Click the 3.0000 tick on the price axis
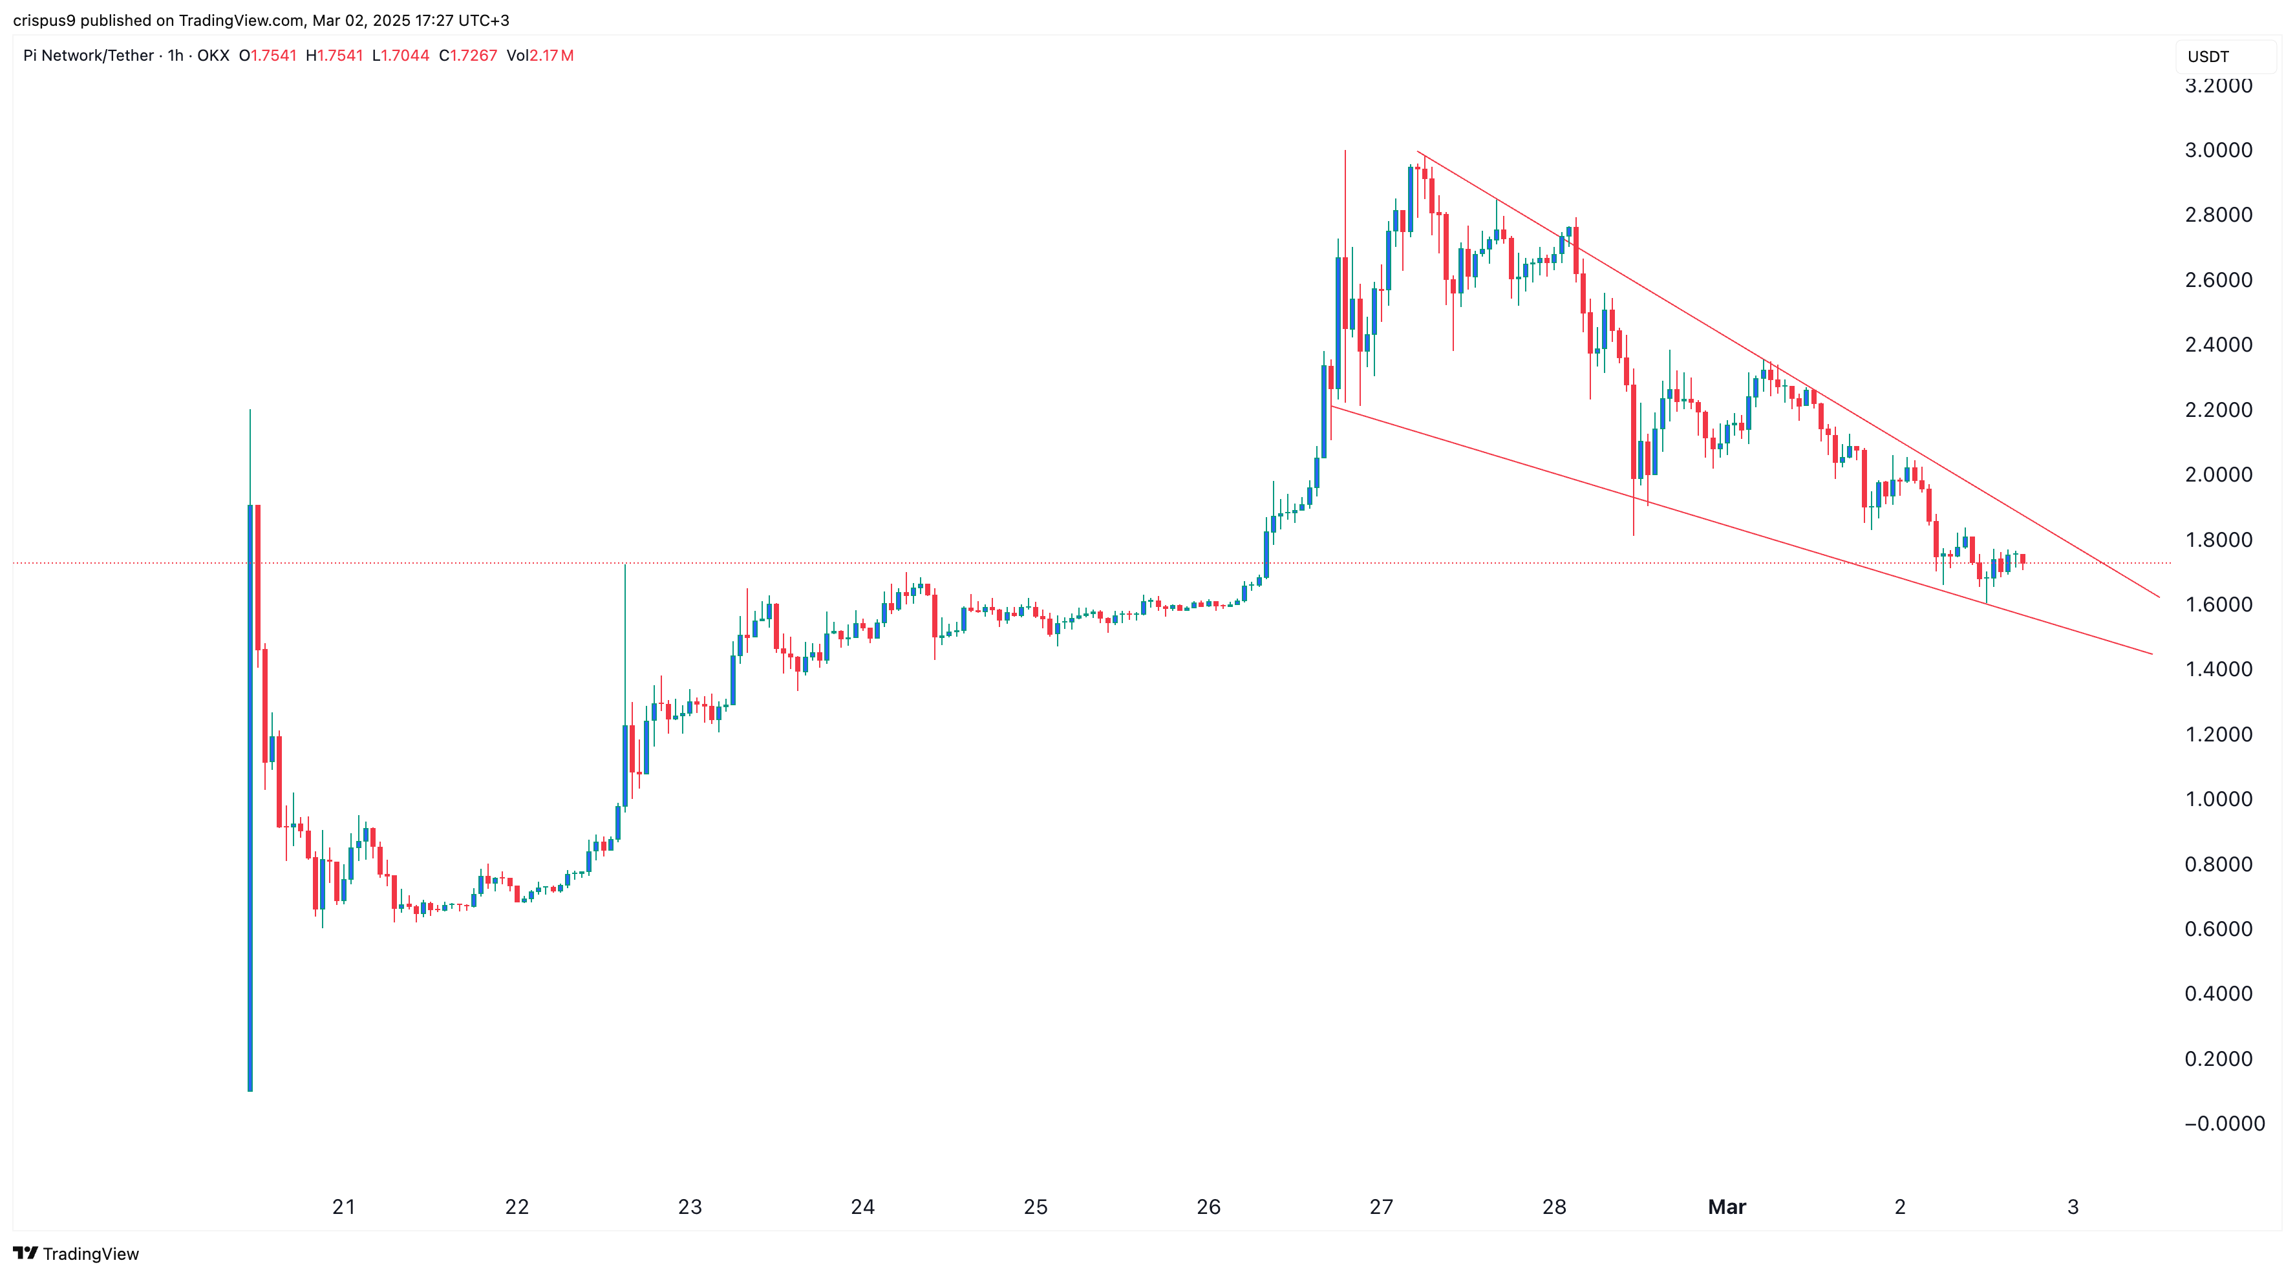click(x=2217, y=150)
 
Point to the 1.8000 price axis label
click(x=2217, y=539)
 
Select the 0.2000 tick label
click(x=2217, y=1059)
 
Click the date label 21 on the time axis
click(x=344, y=1207)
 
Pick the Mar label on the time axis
click(x=1727, y=1207)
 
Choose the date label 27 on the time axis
click(x=1381, y=1207)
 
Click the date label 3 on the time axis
click(x=2072, y=1207)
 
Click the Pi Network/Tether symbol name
click(x=88, y=55)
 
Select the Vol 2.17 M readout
click(x=540, y=55)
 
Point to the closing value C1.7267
click(x=468, y=55)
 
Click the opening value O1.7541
click(x=267, y=55)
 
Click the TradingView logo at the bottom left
click(x=77, y=1254)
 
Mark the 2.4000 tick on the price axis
click(x=2217, y=345)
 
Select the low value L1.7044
click(x=401, y=55)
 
